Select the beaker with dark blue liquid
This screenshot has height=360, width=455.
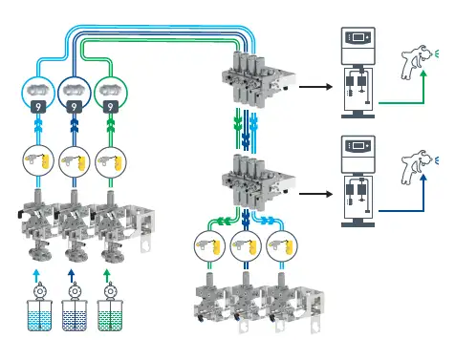[x=73, y=315]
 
